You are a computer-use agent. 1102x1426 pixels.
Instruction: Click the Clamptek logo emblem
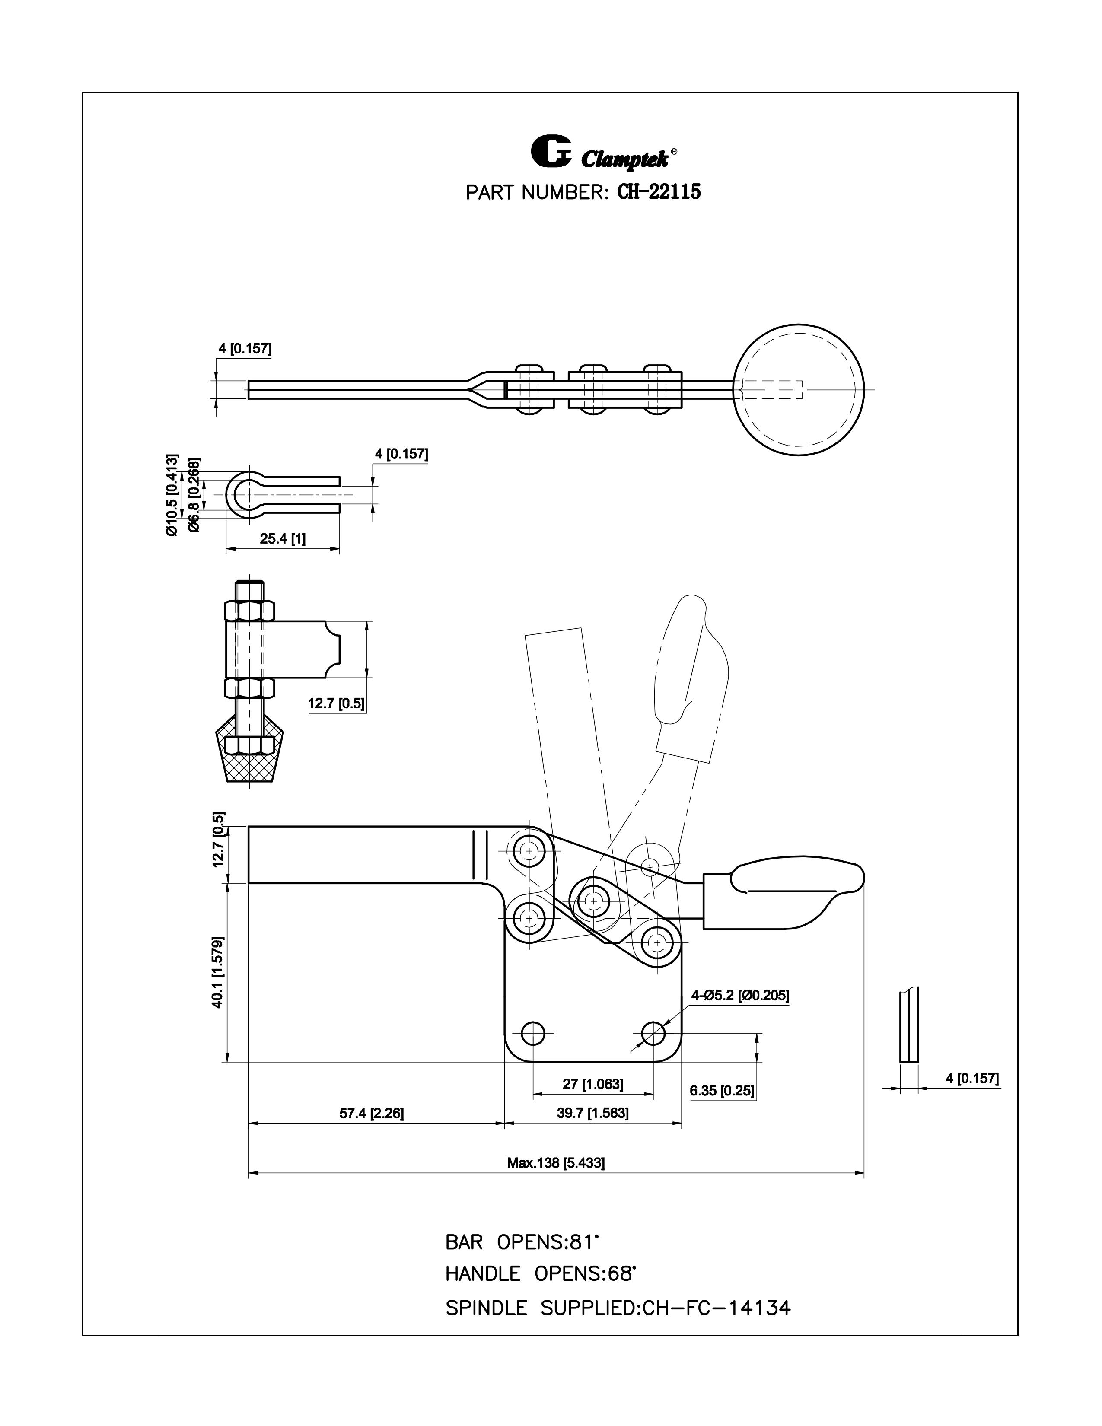pyautogui.click(x=550, y=152)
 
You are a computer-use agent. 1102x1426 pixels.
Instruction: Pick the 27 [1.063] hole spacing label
pyautogui.click(x=593, y=1084)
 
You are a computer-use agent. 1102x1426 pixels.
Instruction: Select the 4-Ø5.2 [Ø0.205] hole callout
pyautogui.click(x=740, y=995)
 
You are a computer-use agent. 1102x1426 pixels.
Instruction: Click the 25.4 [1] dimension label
pyautogui.click(x=283, y=539)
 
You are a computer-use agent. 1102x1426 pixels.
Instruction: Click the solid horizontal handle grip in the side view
pyautogui.click(x=793, y=883)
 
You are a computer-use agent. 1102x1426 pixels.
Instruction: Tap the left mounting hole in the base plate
pyautogui.click(x=533, y=1034)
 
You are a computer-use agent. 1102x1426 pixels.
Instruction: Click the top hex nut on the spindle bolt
pyautogui.click(x=249, y=611)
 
